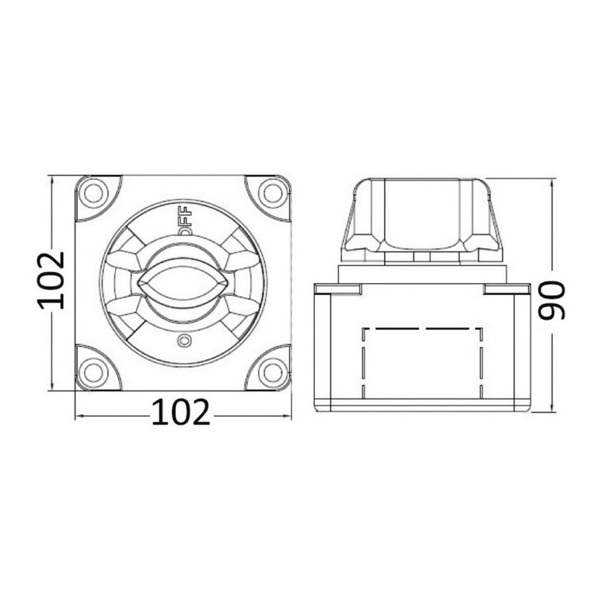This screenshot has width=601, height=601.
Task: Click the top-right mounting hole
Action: (273, 193)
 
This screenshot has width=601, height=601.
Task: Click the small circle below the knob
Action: (184, 342)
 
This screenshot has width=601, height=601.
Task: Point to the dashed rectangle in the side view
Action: (424, 364)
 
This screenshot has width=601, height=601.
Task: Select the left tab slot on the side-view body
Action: (338, 289)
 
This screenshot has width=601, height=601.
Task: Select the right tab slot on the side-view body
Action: (507, 289)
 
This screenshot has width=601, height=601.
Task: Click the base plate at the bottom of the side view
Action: (422, 406)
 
